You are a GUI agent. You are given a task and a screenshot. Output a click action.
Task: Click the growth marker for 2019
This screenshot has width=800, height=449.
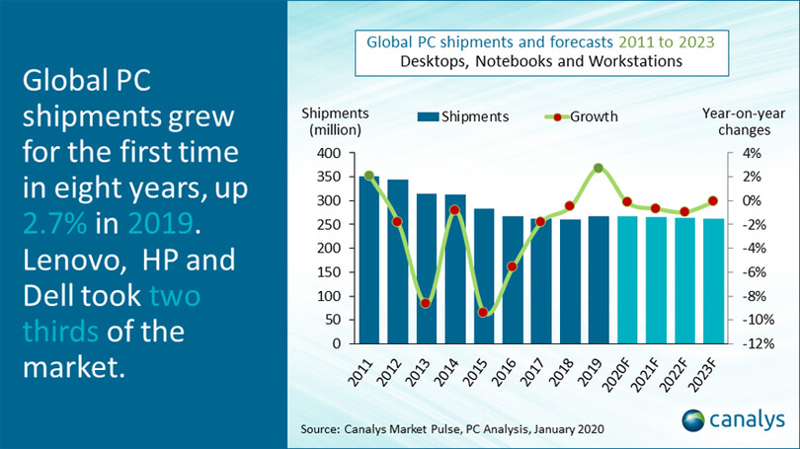tap(598, 169)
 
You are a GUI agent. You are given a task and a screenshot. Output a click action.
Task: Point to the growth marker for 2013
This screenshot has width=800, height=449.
tap(426, 303)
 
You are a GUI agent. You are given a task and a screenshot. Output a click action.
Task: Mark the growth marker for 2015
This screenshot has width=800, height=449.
tap(483, 312)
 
